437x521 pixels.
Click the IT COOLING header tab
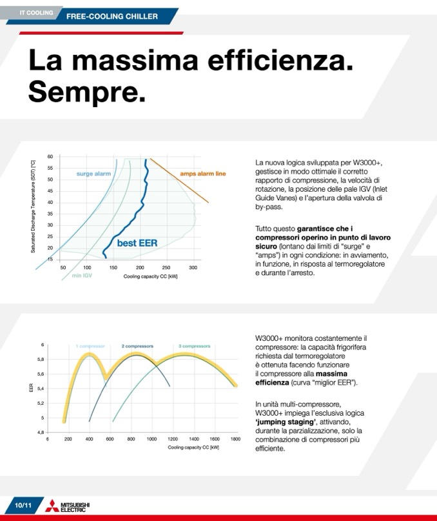[36, 13]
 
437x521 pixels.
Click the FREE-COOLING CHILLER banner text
[112, 16]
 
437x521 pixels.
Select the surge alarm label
[93, 174]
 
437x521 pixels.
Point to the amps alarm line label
[203, 174]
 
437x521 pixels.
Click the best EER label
[137, 243]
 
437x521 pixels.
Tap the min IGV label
[82, 276]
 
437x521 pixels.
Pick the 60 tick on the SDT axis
[50, 156]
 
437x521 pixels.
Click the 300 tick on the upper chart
[193, 267]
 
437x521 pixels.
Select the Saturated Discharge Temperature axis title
[33, 207]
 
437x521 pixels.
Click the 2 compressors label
[137, 346]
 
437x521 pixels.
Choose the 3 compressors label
[195, 346]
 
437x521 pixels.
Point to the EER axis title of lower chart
[31, 388]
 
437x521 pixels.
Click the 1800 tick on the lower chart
[235, 439]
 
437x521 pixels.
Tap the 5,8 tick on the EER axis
[41, 359]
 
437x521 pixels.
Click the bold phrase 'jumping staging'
[286, 422]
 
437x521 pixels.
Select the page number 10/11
[23, 506]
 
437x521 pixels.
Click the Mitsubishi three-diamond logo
[52, 506]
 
